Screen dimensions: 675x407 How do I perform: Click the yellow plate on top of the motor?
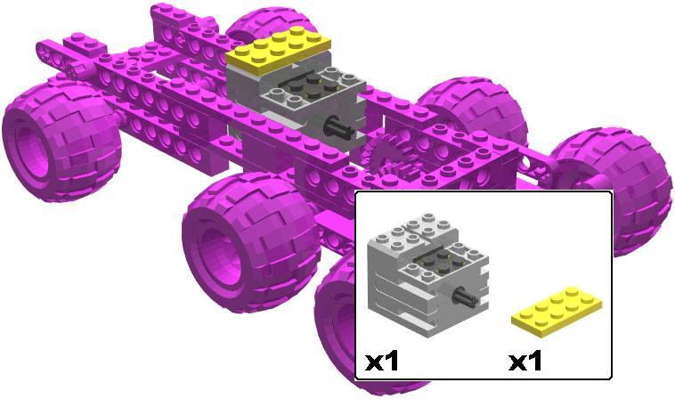point(278,50)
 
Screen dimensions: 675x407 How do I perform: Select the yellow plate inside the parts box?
point(557,312)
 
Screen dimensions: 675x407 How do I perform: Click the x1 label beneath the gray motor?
point(382,362)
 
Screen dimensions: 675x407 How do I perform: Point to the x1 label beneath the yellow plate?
point(525,362)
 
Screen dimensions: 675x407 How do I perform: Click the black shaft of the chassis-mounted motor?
point(338,128)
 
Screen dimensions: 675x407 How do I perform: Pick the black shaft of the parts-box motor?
point(466,297)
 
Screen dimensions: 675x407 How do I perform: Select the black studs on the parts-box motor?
point(439,262)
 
